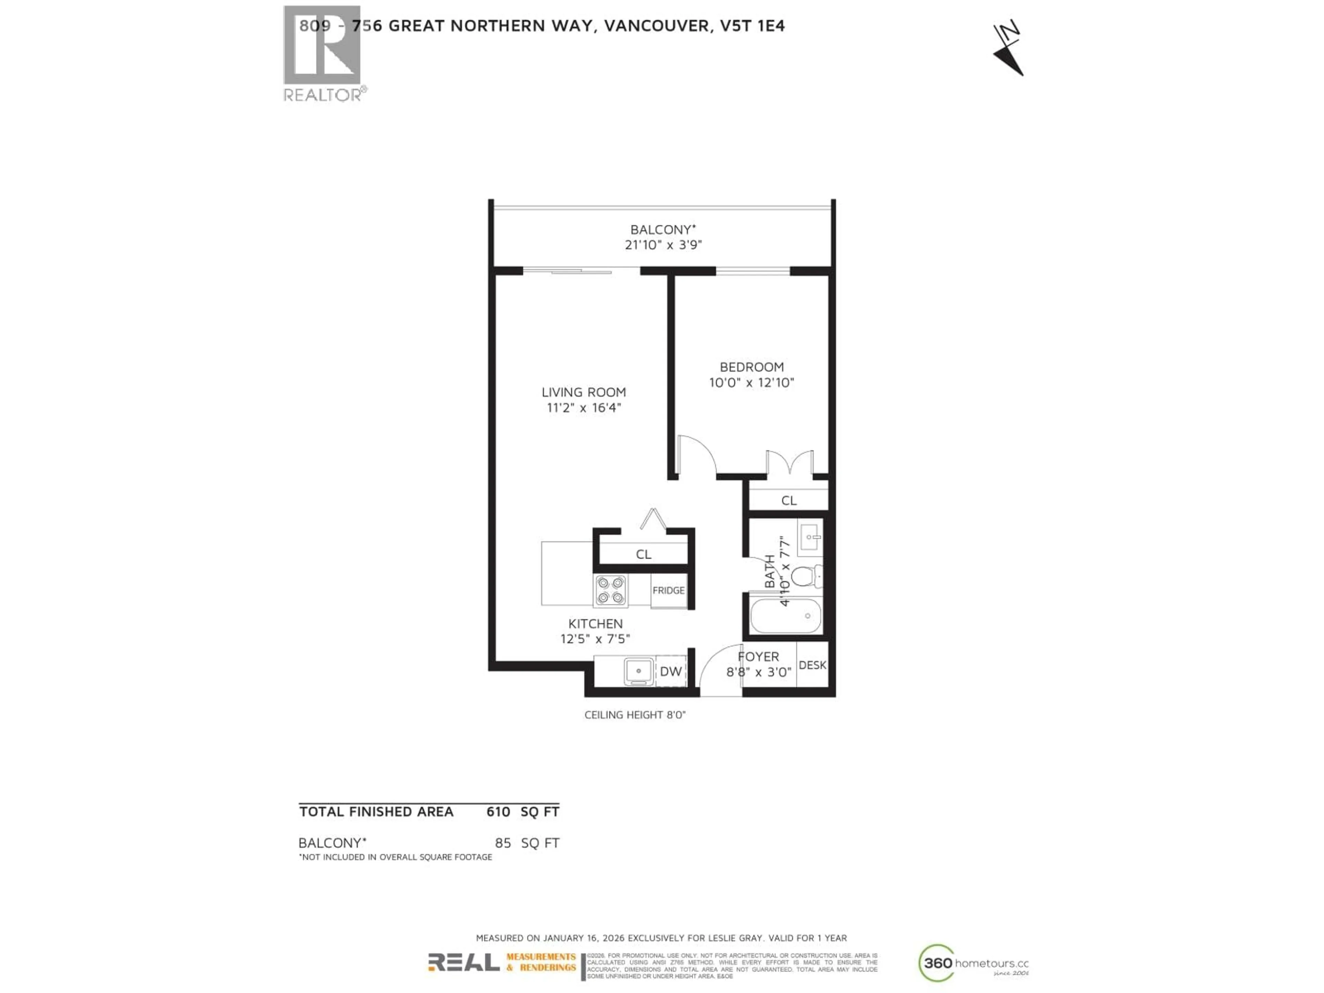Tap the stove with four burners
tap(611, 590)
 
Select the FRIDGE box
tap(669, 591)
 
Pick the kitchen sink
tap(639, 671)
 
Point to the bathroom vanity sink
tap(809, 537)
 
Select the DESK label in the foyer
tap(812, 665)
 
